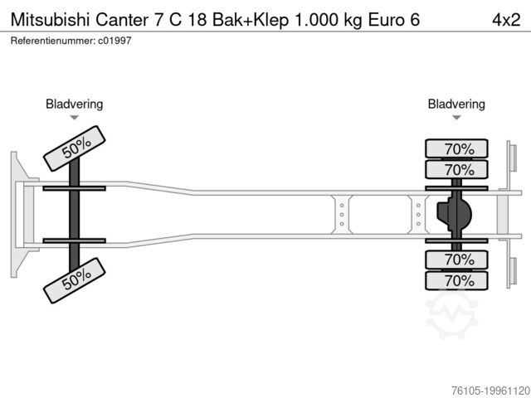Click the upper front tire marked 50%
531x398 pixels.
point(76,147)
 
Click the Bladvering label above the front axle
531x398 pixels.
point(75,104)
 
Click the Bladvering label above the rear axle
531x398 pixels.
point(456,104)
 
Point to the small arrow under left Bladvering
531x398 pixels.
point(75,119)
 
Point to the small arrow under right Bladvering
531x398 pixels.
point(456,119)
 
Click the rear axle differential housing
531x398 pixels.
point(455,215)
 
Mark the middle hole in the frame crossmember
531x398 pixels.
point(341,215)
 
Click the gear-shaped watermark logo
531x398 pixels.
point(452,315)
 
